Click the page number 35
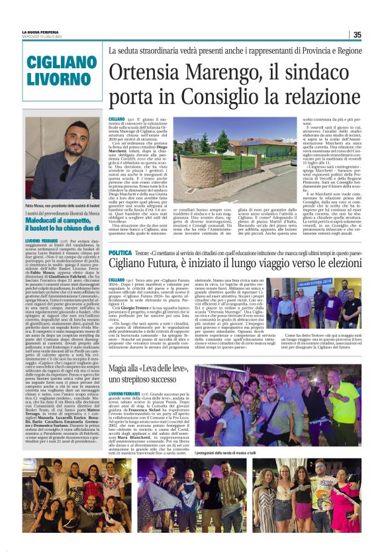pyautogui.click(x=357, y=34)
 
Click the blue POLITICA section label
pyautogui.click(x=120, y=253)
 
